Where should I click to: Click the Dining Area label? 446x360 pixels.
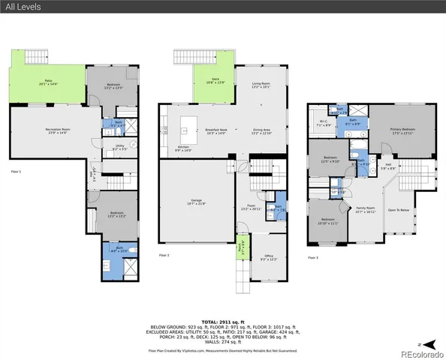(261, 131)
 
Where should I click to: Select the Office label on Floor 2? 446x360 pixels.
(268, 259)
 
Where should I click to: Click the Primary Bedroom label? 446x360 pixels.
(403, 130)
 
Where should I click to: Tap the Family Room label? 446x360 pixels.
(364, 211)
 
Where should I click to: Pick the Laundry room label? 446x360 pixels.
(339, 191)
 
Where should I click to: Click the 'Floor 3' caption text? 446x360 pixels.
(314, 257)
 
